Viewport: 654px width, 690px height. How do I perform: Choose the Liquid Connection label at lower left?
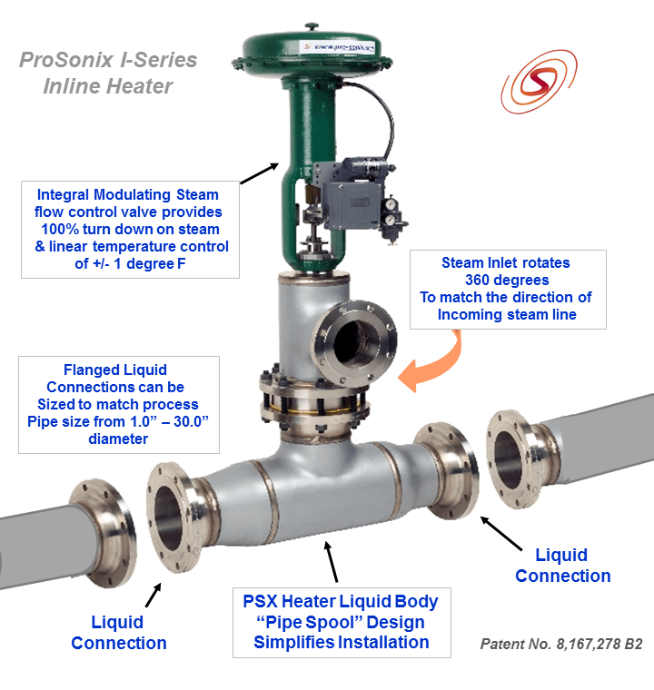pos(118,633)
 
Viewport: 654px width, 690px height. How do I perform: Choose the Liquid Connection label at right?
pos(562,566)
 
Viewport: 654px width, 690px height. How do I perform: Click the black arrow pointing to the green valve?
pos(262,172)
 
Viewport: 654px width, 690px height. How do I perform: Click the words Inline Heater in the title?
pos(107,87)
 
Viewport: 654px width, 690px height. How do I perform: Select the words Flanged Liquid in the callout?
pos(115,370)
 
